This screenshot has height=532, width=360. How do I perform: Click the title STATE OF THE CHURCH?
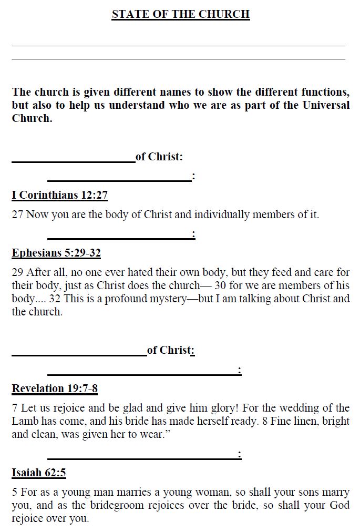pos(180,14)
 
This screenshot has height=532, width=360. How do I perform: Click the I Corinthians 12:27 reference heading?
pos(59,195)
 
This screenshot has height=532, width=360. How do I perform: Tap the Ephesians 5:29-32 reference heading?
pos(56,253)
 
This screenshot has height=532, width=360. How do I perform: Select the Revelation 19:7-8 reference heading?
pos(55,388)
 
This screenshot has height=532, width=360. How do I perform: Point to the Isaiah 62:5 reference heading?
pos(39,472)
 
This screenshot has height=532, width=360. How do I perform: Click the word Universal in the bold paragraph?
pos(326,105)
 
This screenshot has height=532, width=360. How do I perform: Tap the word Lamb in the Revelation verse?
pos(23,421)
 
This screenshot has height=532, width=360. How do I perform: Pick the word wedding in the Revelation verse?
pos(304,408)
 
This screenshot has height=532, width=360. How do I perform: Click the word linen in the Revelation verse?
pos(297,421)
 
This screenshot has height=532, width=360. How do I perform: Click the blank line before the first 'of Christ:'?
pos(74,161)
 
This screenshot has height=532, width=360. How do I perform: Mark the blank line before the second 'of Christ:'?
pos(79,355)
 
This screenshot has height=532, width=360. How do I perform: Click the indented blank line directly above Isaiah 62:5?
pos(142,458)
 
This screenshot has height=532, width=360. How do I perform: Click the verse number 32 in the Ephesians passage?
pos(55,299)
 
